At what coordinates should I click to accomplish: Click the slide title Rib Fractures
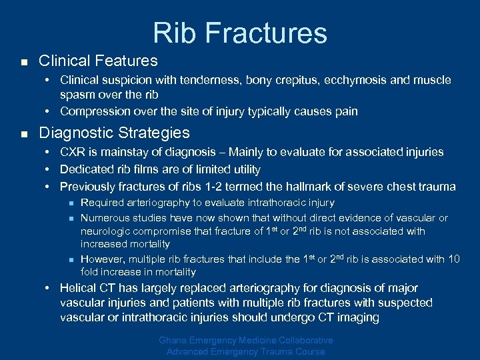[240, 33]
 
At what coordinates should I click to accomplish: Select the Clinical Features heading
[98, 61]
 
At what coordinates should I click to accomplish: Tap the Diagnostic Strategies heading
[114, 133]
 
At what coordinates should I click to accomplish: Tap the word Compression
[91, 111]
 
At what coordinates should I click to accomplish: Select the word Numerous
[103, 218]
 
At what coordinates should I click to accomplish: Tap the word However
[102, 259]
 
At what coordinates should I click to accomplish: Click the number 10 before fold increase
[453, 259]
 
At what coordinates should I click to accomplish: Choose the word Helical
[78, 289]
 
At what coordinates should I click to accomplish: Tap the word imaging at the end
[358, 318]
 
